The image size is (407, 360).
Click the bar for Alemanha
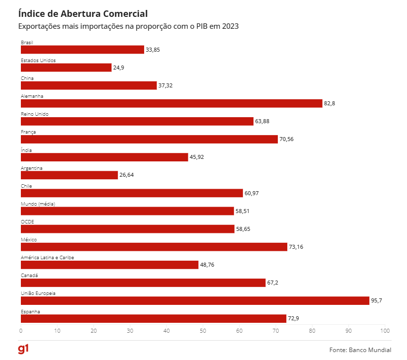tap(171, 103)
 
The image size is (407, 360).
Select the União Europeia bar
tap(195, 300)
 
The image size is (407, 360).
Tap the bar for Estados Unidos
tap(66, 68)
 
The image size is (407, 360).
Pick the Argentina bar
tap(69, 175)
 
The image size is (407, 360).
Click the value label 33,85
tap(153, 50)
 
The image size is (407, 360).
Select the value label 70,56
tap(286, 139)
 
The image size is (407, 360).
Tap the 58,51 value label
tap(243, 211)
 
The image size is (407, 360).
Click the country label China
tap(27, 78)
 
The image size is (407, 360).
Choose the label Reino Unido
tap(34, 114)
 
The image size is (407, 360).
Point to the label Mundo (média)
tap(38, 204)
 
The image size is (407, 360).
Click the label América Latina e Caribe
tap(47, 257)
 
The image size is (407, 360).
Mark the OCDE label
tap(27, 221)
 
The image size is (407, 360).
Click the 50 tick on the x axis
tap(203, 330)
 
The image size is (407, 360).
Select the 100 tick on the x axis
tap(384, 330)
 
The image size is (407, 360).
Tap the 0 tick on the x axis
tap(21, 330)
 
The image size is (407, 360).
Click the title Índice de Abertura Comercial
tap(82, 13)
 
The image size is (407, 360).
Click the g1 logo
tap(23, 349)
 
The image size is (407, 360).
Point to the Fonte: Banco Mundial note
tap(360, 350)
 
